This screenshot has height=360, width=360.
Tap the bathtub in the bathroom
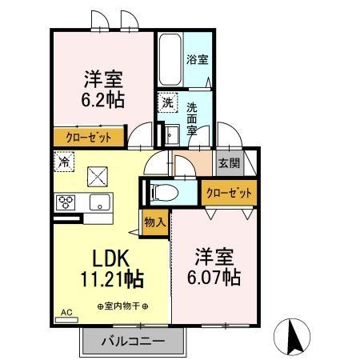coord(170,60)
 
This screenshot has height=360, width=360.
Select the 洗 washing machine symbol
coord(167,102)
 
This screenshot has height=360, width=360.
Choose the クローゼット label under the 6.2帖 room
coord(89,137)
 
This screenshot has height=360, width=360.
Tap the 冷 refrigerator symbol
coord(64,161)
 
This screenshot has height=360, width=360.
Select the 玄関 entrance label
coord(229,162)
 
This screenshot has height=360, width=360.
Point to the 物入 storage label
coord(154,222)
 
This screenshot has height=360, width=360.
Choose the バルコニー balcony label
coord(133,341)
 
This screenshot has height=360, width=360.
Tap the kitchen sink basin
coord(101,202)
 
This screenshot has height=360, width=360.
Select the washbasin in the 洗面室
coord(171,133)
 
